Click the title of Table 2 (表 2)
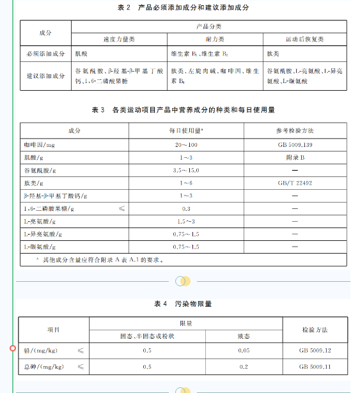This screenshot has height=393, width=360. pos(183,8)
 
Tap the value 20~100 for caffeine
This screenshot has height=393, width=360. pos(186,146)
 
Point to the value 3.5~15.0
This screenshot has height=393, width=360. pos(186,171)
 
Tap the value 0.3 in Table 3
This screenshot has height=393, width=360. pos(186,208)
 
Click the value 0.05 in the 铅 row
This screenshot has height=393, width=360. pos(244,350)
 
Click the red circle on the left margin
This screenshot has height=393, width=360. pos(13,348)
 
